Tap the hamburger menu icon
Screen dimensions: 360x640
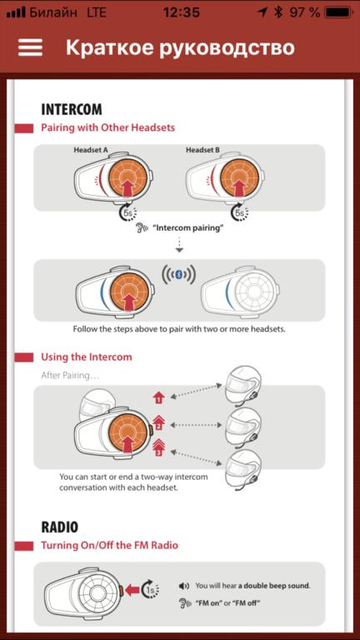coord(30,47)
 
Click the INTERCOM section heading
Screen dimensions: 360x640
coord(72,109)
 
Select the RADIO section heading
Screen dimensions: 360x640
coord(60,527)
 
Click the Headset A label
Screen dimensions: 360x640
coord(91,150)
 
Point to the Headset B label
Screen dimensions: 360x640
coord(202,150)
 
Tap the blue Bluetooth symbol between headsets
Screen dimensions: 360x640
coord(178,276)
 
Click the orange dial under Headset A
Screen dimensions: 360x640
coord(127,178)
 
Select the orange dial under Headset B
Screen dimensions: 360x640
coord(240,178)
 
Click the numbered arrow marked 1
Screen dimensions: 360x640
coord(159,397)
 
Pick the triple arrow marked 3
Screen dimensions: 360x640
coord(159,447)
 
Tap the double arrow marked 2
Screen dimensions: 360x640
coord(159,423)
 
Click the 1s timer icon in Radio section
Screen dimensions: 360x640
coord(150,590)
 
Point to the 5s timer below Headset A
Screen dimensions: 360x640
coord(127,212)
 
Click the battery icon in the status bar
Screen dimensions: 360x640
coord(338,12)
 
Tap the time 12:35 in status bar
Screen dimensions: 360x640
coord(182,12)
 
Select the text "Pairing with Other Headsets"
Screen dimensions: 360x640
coord(107,127)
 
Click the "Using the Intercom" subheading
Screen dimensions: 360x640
coord(87,357)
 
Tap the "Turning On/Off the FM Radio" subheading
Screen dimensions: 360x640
coord(109,545)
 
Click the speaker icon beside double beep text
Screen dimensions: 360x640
coord(183,586)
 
